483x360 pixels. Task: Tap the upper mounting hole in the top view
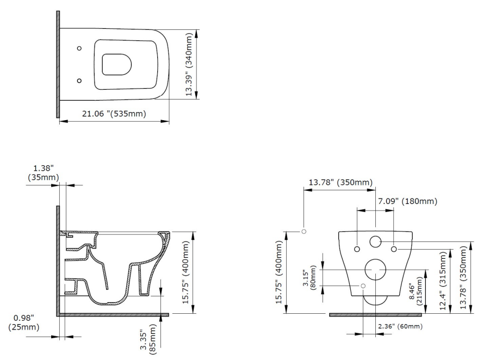pyautogui.click(x=79, y=48)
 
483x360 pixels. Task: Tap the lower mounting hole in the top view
pyautogui.click(x=79, y=80)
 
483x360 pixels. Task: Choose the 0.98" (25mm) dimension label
pyautogui.click(x=23, y=323)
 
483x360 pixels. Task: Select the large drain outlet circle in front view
pyautogui.click(x=375, y=269)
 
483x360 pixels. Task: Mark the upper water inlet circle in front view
pyautogui.click(x=375, y=243)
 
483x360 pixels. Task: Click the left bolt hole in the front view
pyautogui.click(x=357, y=249)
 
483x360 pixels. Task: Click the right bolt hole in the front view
pyautogui.click(x=394, y=249)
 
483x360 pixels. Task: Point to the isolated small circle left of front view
pyautogui.click(x=304, y=231)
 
